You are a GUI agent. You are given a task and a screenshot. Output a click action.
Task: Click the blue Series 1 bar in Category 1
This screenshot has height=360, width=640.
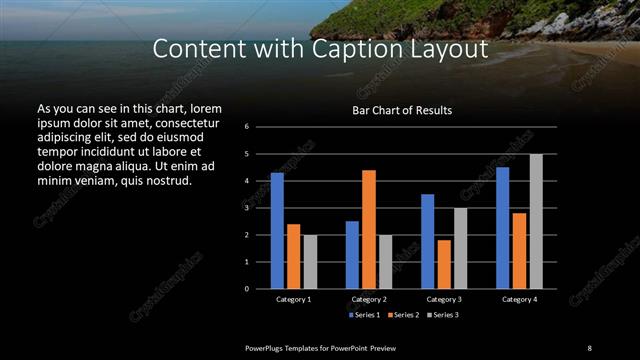[x=277, y=230]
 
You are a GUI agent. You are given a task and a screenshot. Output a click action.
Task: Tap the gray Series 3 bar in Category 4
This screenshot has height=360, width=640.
[x=536, y=221]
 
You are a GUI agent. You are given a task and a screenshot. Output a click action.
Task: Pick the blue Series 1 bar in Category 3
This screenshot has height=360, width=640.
[x=428, y=241]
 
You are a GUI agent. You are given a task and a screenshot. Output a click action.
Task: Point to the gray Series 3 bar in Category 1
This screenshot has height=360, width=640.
[x=310, y=261]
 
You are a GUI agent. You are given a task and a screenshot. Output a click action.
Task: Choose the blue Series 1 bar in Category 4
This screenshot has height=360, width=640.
[x=503, y=227]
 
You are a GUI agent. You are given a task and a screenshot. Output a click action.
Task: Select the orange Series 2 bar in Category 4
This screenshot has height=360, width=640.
[x=520, y=250]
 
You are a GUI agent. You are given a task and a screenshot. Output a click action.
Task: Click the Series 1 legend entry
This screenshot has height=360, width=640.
[x=366, y=315]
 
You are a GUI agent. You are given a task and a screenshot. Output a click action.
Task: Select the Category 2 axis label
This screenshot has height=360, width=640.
[x=369, y=299]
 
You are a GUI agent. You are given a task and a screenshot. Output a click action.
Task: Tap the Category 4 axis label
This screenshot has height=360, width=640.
[x=519, y=299]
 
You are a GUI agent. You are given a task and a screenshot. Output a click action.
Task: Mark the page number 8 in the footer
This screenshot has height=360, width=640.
[x=589, y=347]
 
